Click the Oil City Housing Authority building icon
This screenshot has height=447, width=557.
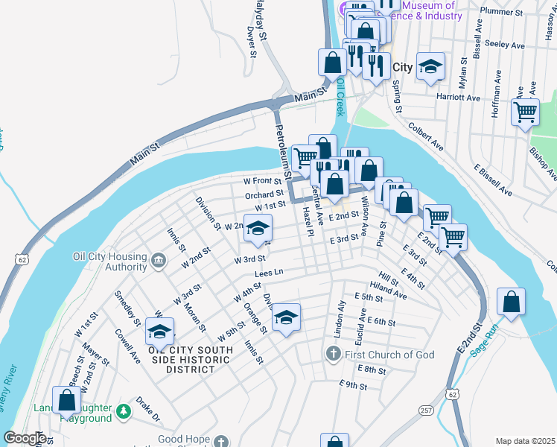pyautogui.click(x=158, y=260)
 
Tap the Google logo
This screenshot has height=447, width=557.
pyautogui.click(x=25, y=438)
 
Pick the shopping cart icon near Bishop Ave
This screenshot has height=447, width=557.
pyautogui.click(x=525, y=112)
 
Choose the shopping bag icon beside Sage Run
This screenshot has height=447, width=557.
pyautogui.click(x=510, y=302)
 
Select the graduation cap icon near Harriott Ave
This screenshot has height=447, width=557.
pyautogui.click(x=430, y=67)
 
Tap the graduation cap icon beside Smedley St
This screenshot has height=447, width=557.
pyautogui.click(x=159, y=332)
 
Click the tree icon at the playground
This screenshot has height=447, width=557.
pyautogui.click(x=124, y=410)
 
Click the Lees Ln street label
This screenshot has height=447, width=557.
pyautogui.click(x=270, y=274)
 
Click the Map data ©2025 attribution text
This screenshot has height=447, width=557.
pyautogui.click(x=524, y=441)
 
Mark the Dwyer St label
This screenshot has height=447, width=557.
pyautogui.click(x=251, y=42)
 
